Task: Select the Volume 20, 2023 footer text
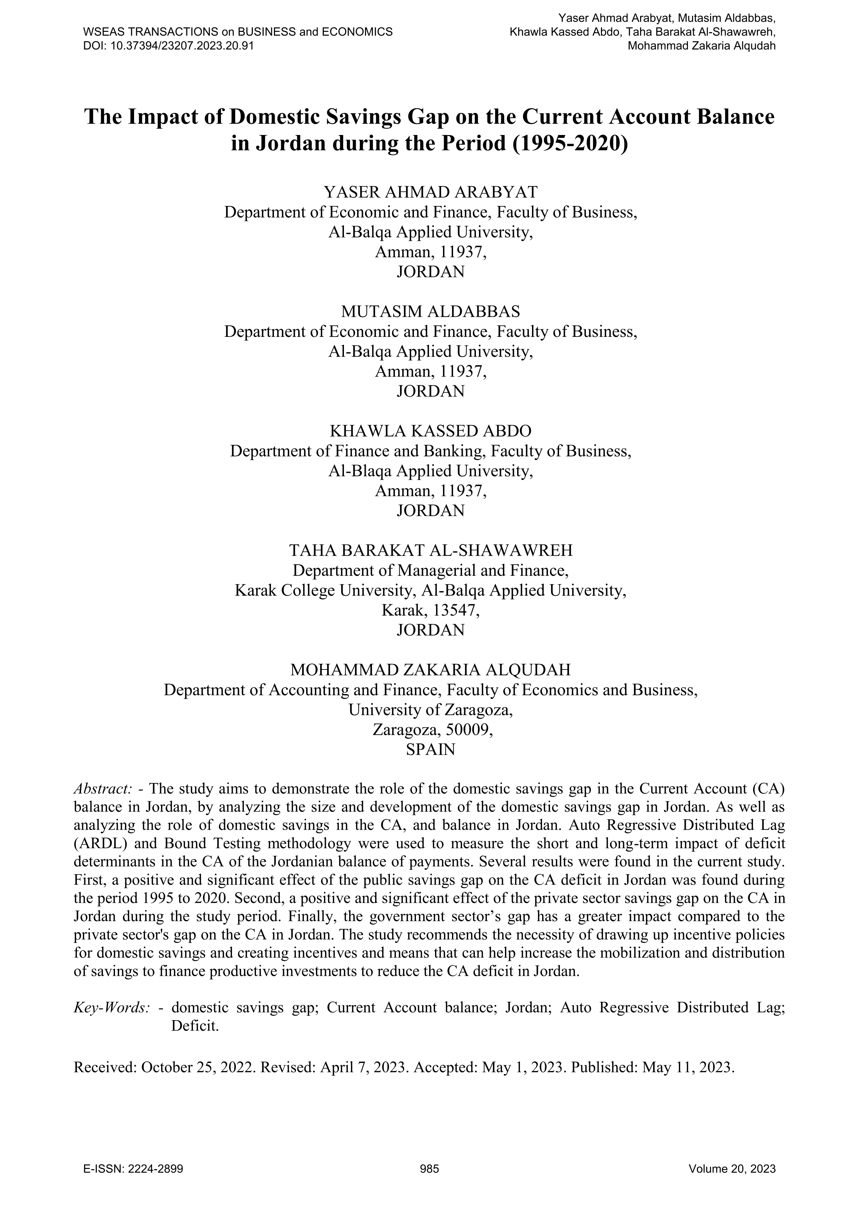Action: [x=732, y=1169]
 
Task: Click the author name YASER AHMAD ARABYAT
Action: [x=430, y=192]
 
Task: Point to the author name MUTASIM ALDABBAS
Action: [x=430, y=312]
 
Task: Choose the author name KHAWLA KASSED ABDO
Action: [x=430, y=431]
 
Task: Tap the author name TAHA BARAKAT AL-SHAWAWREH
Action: [x=430, y=550]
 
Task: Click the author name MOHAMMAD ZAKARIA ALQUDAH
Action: [x=430, y=670]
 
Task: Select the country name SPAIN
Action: [x=430, y=750]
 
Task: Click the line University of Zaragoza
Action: [x=430, y=710]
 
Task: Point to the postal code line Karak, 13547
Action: [x=430, y=610]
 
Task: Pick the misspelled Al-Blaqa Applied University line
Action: [x=430, y=470]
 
